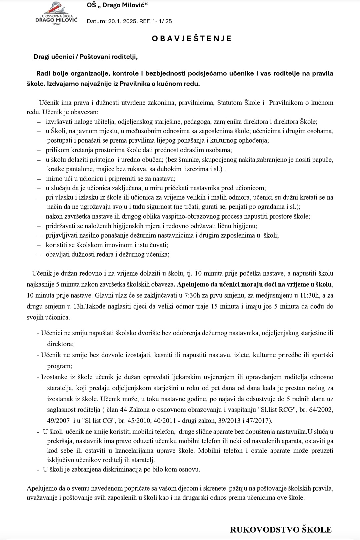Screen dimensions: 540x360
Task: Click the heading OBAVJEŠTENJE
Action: [x=192, y=38]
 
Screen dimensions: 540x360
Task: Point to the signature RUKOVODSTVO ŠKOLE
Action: [x=281, y=529]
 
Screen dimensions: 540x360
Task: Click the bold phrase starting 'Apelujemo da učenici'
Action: [x=255, y=284]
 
